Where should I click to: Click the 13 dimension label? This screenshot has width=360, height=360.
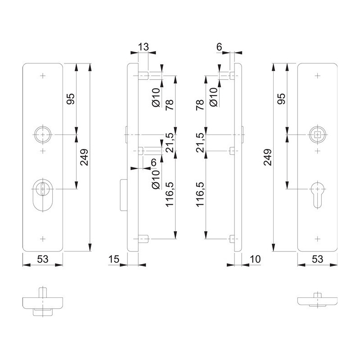(143, 47)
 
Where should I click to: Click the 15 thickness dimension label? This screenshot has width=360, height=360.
(114, 259)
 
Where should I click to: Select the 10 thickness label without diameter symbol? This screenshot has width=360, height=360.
(255, 259)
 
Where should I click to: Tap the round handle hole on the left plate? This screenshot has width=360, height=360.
(43, 134)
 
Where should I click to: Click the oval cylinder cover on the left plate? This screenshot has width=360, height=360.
(43, 195)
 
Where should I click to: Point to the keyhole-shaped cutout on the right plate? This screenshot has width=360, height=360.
(317, 194)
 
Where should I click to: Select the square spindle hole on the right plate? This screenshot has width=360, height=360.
(317, 134)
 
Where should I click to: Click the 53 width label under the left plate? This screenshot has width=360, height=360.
(43, 259)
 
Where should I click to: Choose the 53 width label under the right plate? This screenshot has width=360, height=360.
(318, 259)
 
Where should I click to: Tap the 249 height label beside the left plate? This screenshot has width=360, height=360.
(84, 157)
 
